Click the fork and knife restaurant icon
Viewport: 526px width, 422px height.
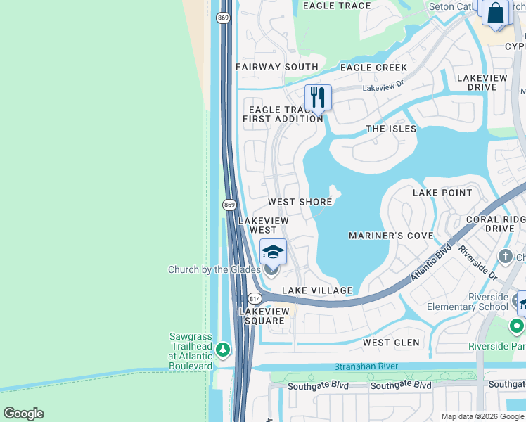[318, 98]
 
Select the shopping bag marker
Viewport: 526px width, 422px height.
[496, 13]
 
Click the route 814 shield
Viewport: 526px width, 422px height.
[255, 299]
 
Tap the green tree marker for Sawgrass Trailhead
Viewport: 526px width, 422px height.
[223, 349]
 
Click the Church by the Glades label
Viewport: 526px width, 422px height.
[214, 269]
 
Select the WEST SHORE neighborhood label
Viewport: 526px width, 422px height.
[300, 202]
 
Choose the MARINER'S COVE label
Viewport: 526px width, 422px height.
[391, 236]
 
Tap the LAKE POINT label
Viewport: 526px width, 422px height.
[442, 193]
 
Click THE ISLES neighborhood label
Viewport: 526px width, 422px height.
[391, 129]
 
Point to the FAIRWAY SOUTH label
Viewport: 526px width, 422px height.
[277, 67]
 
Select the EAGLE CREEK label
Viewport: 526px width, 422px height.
[373, 68]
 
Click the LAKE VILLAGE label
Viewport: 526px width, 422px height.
[317, 290]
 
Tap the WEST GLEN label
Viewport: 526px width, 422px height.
[391, 343]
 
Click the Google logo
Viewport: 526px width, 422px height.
[23, 414]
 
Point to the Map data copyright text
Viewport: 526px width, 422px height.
[482, 416]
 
